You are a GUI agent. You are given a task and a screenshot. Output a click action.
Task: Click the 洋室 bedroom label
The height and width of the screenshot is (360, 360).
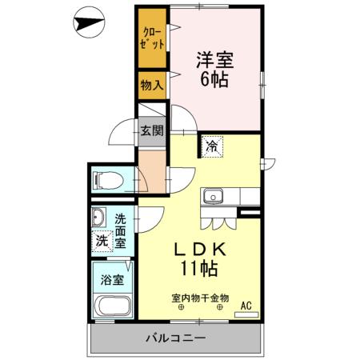tap(214, 59)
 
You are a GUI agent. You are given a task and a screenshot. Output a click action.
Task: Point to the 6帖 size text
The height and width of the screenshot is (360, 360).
tap(214, 81)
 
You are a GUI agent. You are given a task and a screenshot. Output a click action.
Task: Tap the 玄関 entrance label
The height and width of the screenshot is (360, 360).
tap(152, 130)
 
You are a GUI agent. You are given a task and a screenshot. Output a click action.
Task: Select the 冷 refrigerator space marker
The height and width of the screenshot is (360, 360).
tap(212, 146)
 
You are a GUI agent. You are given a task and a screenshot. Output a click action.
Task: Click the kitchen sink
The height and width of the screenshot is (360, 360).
tap(213, 197)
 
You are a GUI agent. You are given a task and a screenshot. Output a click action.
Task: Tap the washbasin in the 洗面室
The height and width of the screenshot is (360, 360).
tap(100, 217)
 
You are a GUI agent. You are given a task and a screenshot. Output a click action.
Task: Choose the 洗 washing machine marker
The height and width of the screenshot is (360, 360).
tap(102, 240)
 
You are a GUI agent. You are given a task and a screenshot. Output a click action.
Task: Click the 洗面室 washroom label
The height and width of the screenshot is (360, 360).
tap(120, 230)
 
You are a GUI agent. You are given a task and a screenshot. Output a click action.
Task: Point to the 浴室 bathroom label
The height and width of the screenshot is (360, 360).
tap(112, 281)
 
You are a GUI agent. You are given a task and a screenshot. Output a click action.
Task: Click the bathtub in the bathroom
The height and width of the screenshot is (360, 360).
tap(112, 306)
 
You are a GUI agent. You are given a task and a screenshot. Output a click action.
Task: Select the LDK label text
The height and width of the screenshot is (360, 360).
tap(202, 249)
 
